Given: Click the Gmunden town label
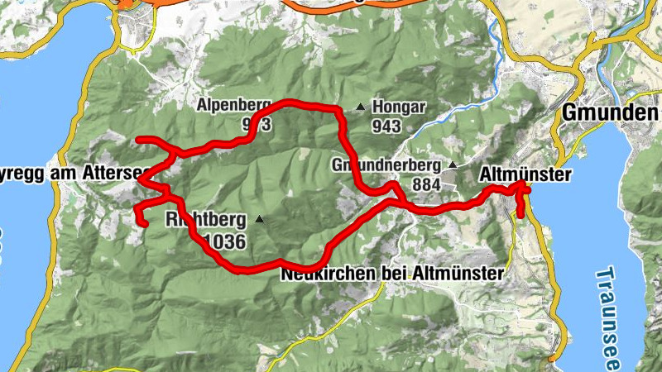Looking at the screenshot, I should [611, 112].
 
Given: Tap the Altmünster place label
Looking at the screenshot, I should [526, 175].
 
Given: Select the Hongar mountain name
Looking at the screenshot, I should [399, 107].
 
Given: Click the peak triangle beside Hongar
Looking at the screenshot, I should [360, 107].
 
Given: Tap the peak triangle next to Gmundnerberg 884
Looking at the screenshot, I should [452, 165].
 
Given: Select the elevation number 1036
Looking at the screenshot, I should [223, 241].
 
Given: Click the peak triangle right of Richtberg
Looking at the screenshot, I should [260, 219].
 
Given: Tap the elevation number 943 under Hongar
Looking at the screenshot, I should [386, 126].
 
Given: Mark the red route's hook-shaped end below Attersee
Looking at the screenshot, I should [142, 220].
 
